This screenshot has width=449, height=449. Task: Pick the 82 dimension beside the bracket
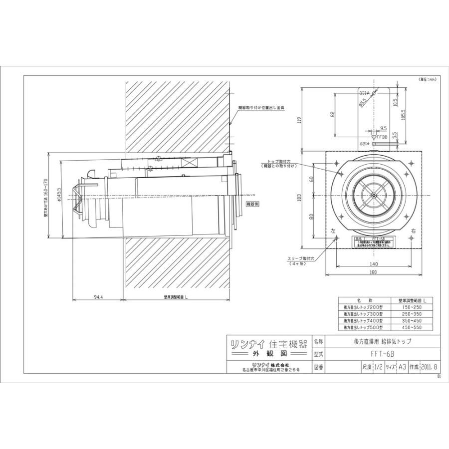(x=333, y=114)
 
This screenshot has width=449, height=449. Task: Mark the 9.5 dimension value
(x=383, y=128)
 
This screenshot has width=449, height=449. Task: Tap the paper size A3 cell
(x=402, y=367)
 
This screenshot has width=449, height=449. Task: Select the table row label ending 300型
(x=360, y=314)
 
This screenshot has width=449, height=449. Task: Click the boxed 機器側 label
(x=252, y=204)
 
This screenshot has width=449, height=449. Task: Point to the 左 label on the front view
(x=331, y=232)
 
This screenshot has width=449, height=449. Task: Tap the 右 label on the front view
(x=413, y=232)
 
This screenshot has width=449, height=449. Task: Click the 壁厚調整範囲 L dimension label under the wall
(x=176, y=297)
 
